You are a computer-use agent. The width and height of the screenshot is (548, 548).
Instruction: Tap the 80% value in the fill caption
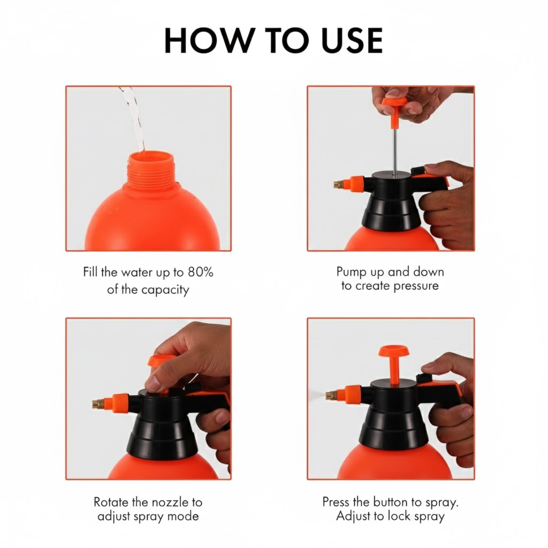click(x=200, y=272)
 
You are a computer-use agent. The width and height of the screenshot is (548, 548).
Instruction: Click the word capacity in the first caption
click(x=165, y=290)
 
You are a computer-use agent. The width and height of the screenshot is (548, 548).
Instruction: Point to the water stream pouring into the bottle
click(x=135, y=121)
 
